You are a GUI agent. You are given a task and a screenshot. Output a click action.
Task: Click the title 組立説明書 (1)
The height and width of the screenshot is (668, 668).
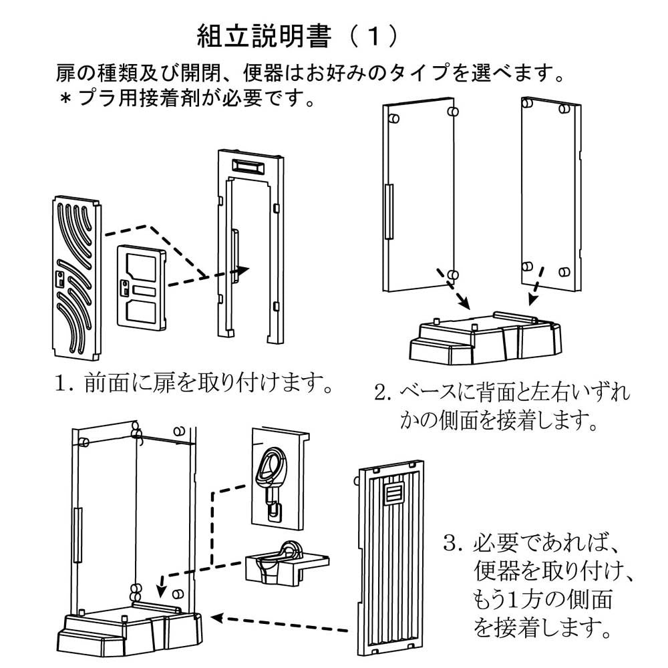(298, 36)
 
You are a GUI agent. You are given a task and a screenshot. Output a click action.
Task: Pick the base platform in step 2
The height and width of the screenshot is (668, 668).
(486, 337)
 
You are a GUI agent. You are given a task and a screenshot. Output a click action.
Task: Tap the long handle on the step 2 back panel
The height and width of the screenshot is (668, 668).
(389, 212)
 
